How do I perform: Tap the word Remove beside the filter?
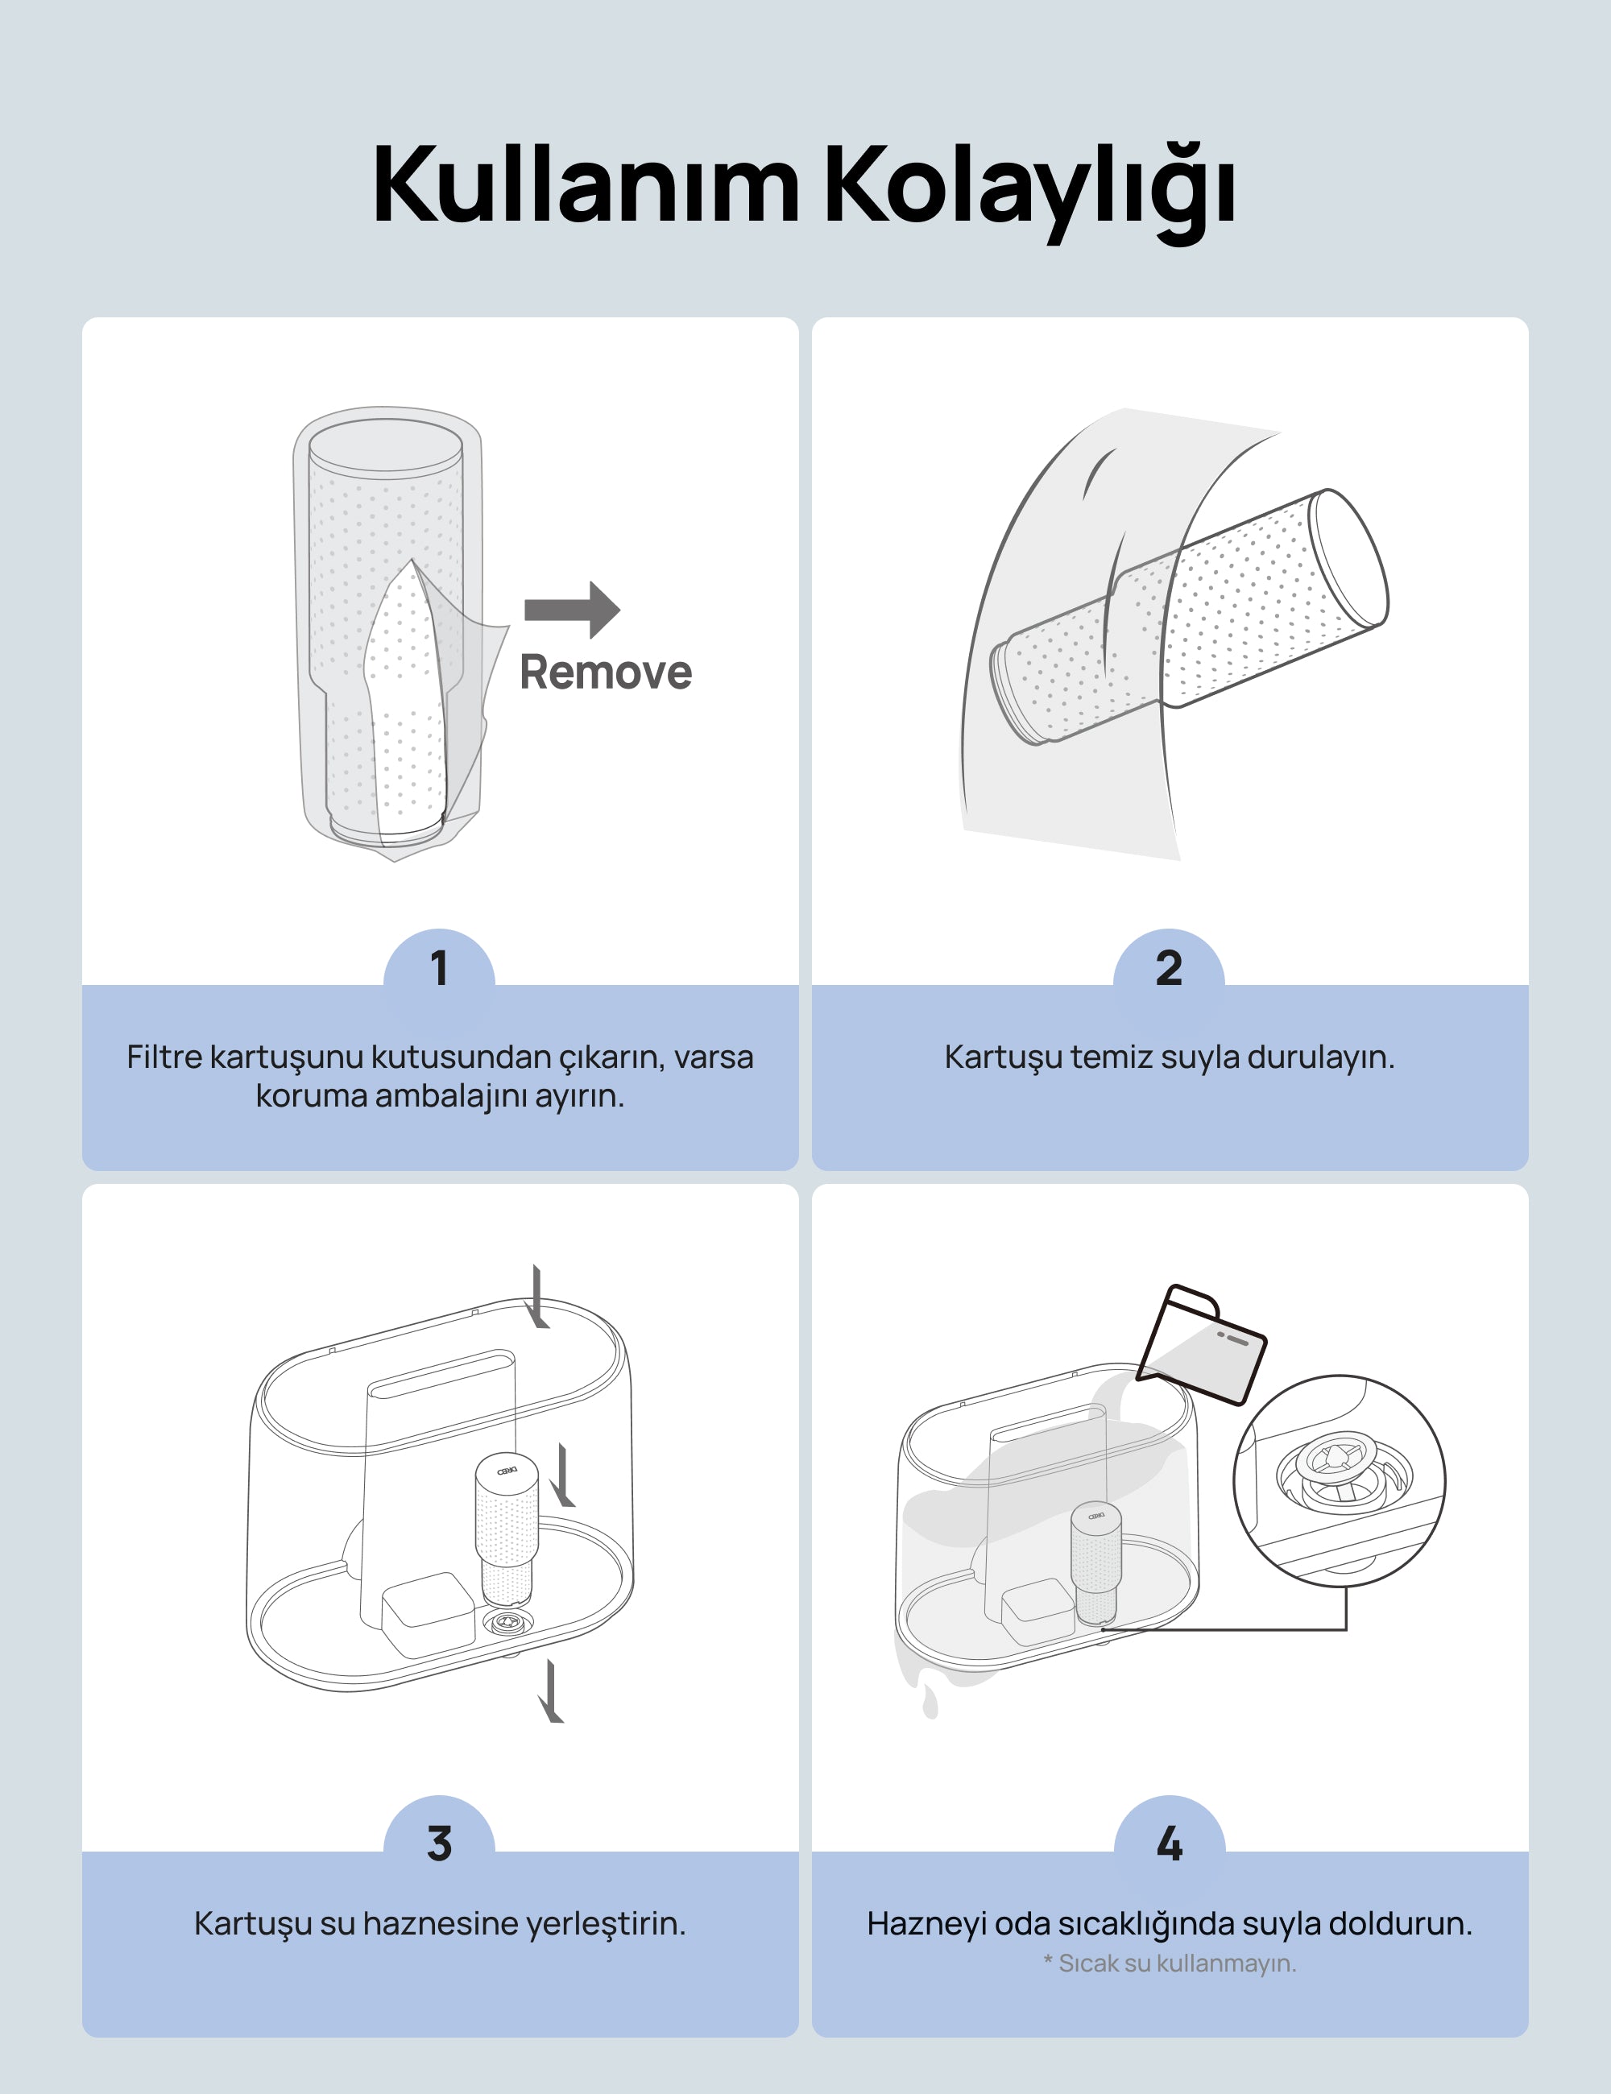click(605, 672)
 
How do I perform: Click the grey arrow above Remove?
click(573, 610)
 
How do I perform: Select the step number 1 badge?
click(439, 968)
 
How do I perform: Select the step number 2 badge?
click(1169, 968)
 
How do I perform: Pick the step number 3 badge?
click(439, 1843)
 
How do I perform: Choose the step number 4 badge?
click(1169, 1843)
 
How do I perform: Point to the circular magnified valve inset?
click(1340, 1481)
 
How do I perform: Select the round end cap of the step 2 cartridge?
click(1349, 557)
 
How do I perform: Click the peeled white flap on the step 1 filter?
click(404, 705)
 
